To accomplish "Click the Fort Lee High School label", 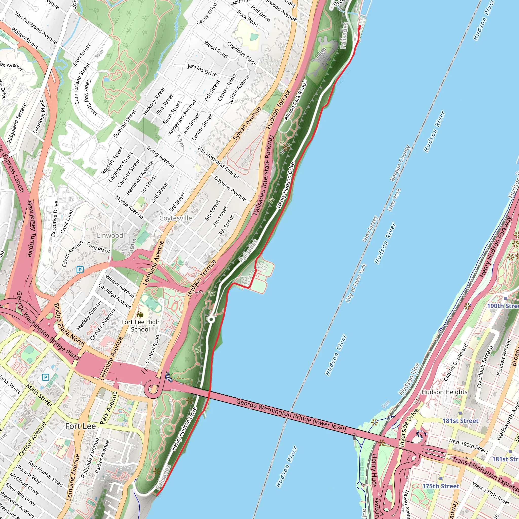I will coord(140,326).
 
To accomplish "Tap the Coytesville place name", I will coord(176,218).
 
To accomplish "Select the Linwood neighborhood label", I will coord(110,236).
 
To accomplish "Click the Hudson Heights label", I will coord(444,392).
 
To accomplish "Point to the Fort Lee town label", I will coord(81,426).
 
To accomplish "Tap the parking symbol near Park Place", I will coord(80,269).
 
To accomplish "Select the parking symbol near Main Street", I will coord(46,377).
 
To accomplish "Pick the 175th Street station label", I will coord(440,486).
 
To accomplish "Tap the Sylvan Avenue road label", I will coord(247,123).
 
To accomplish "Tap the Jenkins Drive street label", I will coord(202,70).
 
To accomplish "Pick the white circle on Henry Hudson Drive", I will coord(211,319).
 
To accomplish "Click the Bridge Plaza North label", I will coord(69,324).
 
